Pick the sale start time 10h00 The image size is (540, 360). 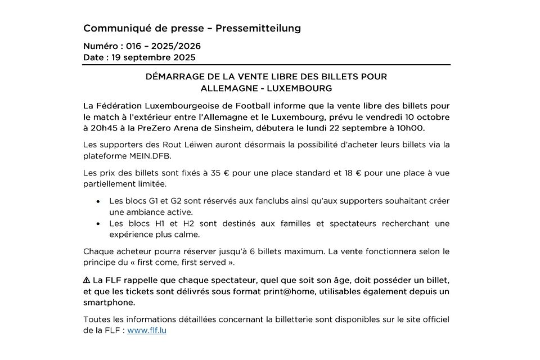tap(412, 128)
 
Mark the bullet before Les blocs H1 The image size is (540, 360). tap(98, 224)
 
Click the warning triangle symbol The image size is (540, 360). tap(87, 280)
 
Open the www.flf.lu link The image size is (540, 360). tap(147, 331)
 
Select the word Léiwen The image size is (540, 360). tap(202, 145)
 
